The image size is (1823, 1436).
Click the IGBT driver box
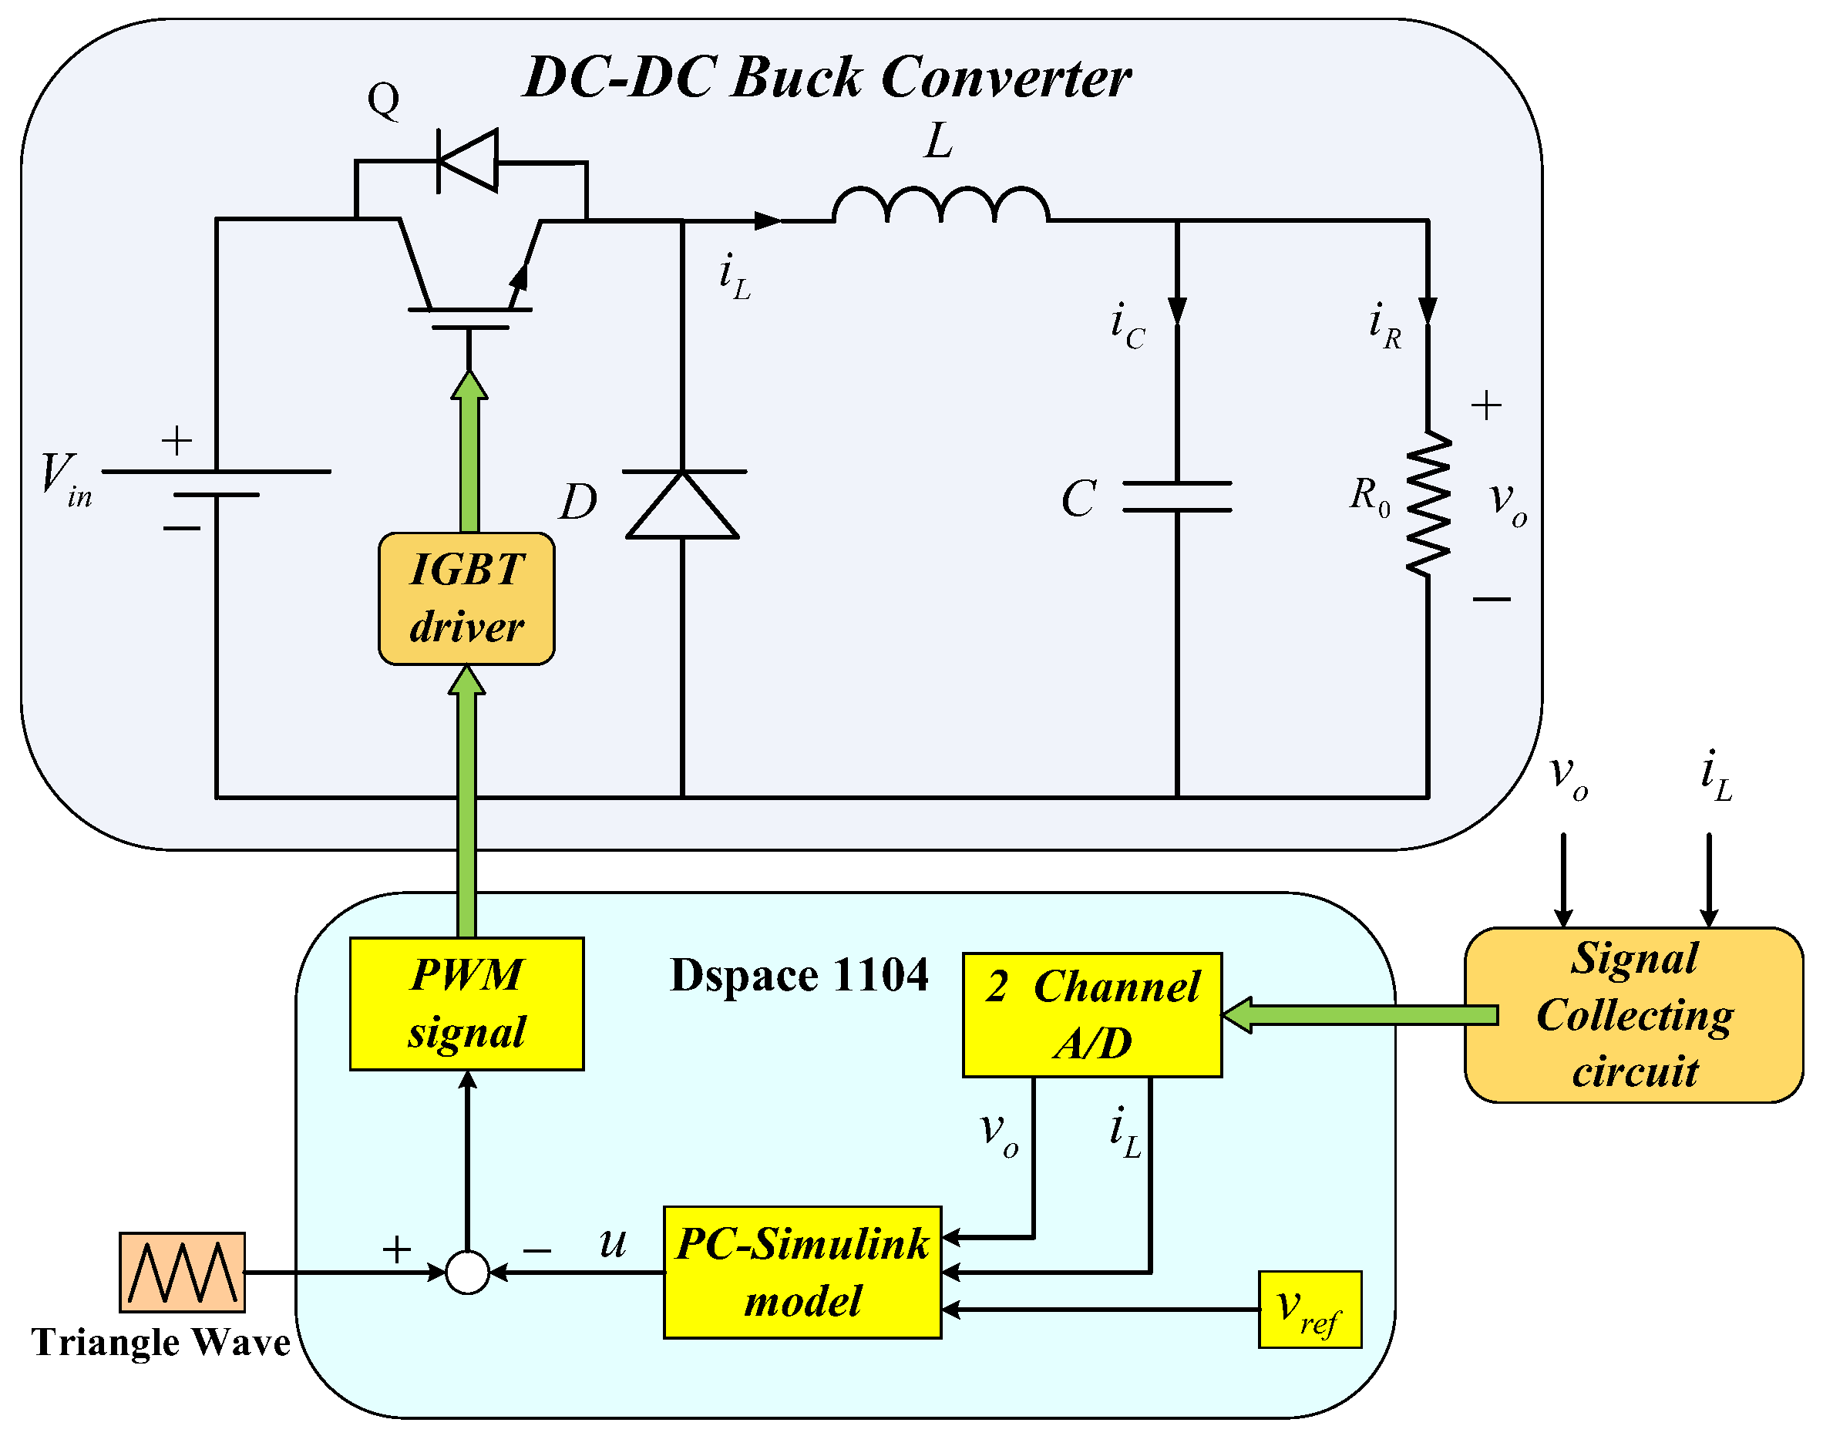pos(466,599)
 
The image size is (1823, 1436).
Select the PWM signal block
pos(466,1004)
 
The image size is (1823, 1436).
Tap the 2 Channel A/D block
pos(1091,1015)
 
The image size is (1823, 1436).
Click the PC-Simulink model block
pos(802,1272)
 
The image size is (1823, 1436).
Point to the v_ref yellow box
pos(1309,1309)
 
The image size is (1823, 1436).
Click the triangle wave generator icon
pos(182,1272)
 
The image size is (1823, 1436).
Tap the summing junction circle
pos(468,1272)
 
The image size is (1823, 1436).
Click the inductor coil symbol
pos(940,205)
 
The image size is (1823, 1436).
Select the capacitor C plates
pos(1177,497)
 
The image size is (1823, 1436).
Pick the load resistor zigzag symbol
pos(1428,504)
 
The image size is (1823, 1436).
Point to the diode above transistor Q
pos(468,160)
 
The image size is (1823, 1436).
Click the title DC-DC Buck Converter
pos(826,77)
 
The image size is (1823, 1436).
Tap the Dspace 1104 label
pos(799,975)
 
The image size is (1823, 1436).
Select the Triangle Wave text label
pos(160,1342)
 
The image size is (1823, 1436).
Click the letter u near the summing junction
pos(613,1242)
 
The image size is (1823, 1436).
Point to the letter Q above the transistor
pos(383,99)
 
